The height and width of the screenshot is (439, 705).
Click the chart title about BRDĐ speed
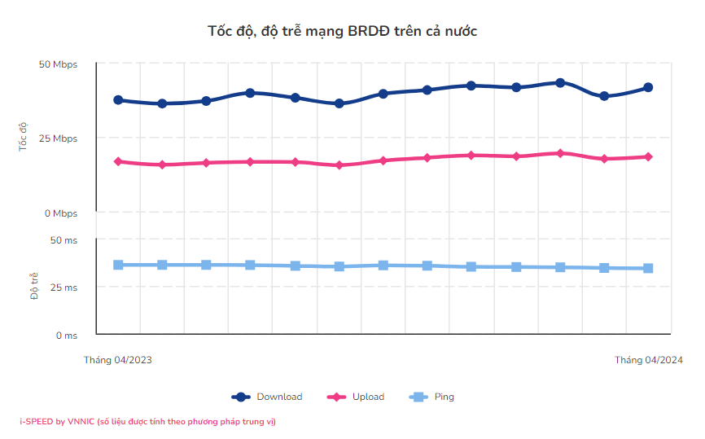(x=342, y=31)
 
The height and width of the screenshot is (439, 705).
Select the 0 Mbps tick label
(x=61, y=213)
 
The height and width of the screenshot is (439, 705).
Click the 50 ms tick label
(x=64, y=240)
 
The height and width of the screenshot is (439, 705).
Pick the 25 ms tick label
(x=64, y=288)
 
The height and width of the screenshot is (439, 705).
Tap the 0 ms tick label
(x=67, y=335)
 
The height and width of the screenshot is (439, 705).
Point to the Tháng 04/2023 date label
(x=118, y=360)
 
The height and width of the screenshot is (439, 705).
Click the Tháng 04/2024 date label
(x=648, y=360)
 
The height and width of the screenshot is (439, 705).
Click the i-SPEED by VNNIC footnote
(x=148, y=422)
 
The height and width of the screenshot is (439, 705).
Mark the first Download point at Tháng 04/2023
(x=118, y=100)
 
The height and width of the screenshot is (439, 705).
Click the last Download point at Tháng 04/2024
(x=648, y=87)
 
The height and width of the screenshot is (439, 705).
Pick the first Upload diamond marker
(x=118, y=161)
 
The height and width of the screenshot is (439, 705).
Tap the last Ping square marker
(x=648, y=268)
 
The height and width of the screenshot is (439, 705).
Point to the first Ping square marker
(x=118, y=265)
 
